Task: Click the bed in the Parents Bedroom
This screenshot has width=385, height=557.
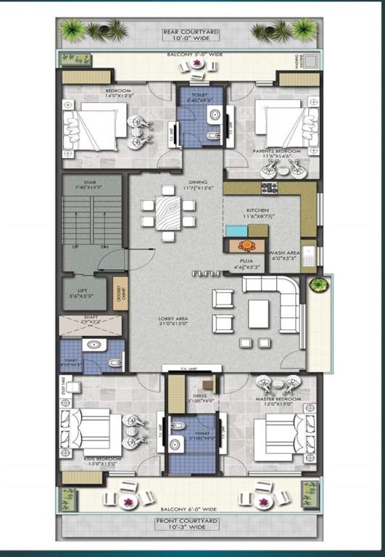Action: [x=279, y=134]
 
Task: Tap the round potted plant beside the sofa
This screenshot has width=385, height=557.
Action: [x=318, y=286]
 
